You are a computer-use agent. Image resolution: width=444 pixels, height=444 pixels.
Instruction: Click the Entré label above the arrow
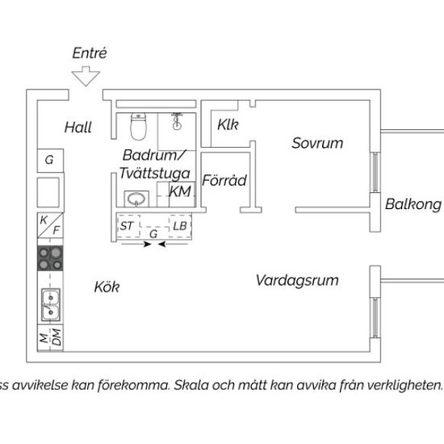click(x=90, y=53)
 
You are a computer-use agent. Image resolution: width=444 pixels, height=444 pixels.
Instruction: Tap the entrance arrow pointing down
click(x=86, y=76)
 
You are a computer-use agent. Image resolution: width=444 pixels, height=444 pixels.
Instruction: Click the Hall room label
click(x=78, y=128)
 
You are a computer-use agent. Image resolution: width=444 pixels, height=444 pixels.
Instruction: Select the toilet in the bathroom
click(x=138, y=126)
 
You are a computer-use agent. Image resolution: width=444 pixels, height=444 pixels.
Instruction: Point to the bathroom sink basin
click(x=136, y=199)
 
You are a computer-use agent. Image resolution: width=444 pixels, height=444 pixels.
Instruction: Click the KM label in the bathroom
click(x=180, y=191)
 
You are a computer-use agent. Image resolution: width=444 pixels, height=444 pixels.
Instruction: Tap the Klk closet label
click(x=228, y=124)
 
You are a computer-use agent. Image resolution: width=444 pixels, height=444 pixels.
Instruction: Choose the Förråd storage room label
click(x=224, y=180)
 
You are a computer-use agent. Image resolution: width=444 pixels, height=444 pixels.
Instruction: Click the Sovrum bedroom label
click(x=317, y=143)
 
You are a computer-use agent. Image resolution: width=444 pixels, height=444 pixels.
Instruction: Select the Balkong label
click(x=413, y=204)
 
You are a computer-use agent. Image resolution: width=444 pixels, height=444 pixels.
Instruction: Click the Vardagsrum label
click(x=297, y=281)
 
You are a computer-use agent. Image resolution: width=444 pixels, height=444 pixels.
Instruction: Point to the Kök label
click(x=107, y=287)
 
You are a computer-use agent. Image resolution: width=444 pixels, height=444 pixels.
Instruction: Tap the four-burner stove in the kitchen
click(x=50, y=258)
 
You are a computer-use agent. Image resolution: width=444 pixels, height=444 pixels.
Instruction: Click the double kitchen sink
click(x=51, y=304)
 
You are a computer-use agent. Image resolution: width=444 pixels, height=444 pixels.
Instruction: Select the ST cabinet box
click(x=128, y=226)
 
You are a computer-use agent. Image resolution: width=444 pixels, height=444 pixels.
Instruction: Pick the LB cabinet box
click(x=180, y=226)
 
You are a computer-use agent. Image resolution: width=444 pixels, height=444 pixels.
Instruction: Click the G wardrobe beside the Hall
click(x=50, y=161)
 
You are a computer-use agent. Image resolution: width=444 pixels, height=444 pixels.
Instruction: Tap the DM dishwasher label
click(x=57, y=337)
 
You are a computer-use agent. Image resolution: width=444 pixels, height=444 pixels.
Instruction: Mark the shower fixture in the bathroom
click(x=177, y=121)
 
